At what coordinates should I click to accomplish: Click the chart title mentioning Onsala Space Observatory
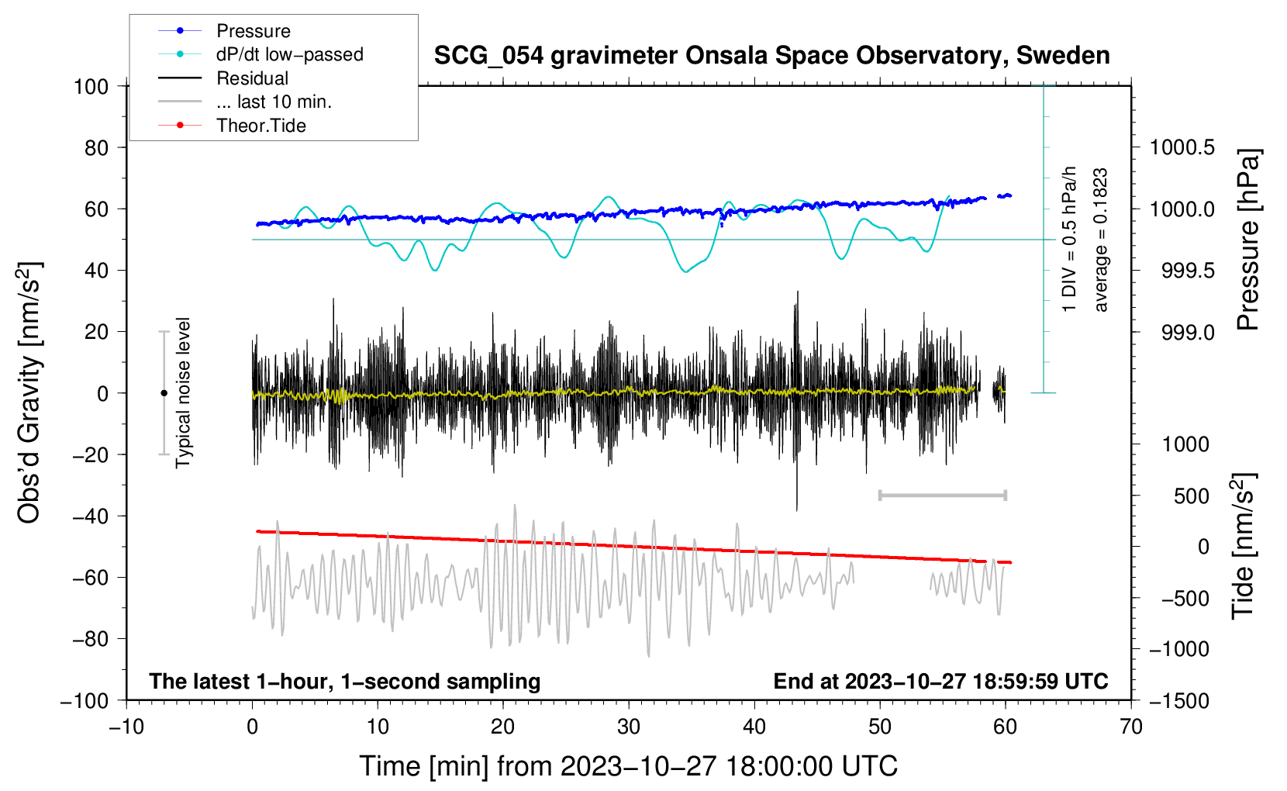pos(771,56)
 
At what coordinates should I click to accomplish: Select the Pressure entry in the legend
pos(253,31)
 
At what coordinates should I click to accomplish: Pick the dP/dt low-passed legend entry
pos(289,54)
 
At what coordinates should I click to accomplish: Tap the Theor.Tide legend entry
pos(261,126)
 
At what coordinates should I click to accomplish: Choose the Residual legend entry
pos(252,78)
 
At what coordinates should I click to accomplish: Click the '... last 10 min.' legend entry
pos(274,102)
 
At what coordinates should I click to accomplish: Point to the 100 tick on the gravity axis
pos(91,86)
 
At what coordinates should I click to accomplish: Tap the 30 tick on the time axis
pos(629,727)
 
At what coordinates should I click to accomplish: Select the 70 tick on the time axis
pos(1131,727)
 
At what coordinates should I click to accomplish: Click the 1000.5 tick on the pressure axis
pos(1182,147)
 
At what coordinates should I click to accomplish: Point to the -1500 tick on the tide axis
pos(1178,700)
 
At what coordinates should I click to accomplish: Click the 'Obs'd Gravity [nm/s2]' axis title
pos(29,393)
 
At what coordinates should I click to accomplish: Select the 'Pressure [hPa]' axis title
pos(1247,240)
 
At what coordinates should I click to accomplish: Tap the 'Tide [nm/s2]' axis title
pos(1243,546)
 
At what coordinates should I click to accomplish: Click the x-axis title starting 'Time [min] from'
pos(629,766)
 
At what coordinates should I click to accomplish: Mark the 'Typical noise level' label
pos(183,392)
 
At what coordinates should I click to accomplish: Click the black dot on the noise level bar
pos(164,393)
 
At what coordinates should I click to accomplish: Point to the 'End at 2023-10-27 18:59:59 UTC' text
pos(940,681)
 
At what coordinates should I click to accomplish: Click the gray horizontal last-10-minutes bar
pos(942,495)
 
